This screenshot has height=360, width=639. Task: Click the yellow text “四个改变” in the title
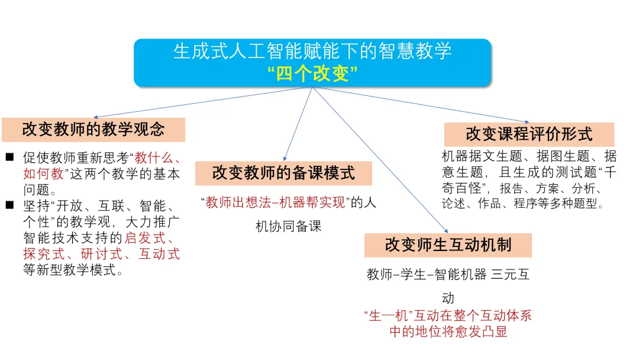coord(312,73)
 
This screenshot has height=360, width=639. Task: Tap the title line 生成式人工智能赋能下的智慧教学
coord(312,51)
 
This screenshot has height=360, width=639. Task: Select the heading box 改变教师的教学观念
coord(93,129)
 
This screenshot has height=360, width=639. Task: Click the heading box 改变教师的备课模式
coord(284,173)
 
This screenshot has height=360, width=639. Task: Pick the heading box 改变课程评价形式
coord(529,134)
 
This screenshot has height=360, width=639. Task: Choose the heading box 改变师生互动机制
coord(448,245)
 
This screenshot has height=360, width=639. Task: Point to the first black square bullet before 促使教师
coord(10,158)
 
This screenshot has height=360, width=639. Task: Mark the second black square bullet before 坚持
coord(10,206)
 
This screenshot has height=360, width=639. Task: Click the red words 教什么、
coord(157,158)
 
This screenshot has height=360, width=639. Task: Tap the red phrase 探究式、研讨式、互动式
coord(101,255)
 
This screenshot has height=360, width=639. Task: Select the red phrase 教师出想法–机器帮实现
coord(275,202)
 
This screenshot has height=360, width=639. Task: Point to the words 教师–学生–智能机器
coord(426,275)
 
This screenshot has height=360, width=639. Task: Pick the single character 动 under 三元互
coord(448,298)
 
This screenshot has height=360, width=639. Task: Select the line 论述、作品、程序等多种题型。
coord(523,205)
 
